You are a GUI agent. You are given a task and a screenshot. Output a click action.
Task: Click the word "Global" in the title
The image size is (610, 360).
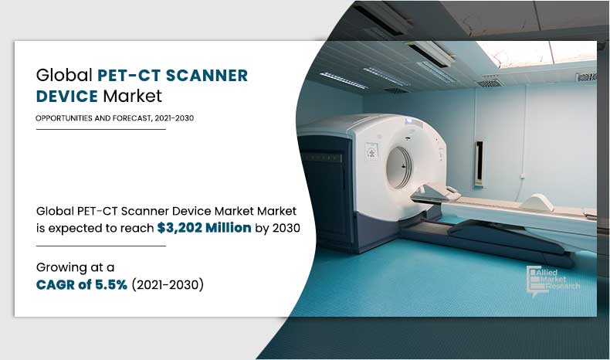point(64,76)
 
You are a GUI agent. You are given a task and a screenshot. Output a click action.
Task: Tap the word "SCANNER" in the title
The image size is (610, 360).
point(208,76)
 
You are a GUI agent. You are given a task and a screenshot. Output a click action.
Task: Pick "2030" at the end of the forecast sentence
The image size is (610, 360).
point(285,228)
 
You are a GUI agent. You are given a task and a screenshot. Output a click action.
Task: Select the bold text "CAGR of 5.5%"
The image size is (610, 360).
point(82,285)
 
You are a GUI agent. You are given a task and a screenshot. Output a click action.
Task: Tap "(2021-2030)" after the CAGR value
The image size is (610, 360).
point(168,285)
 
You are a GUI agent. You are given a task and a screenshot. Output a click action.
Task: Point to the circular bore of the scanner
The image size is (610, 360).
point(398,165)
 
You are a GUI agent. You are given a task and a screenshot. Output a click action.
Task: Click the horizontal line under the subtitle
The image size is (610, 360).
point(100,129)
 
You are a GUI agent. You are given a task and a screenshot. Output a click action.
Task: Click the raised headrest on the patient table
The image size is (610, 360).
point(539,203)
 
